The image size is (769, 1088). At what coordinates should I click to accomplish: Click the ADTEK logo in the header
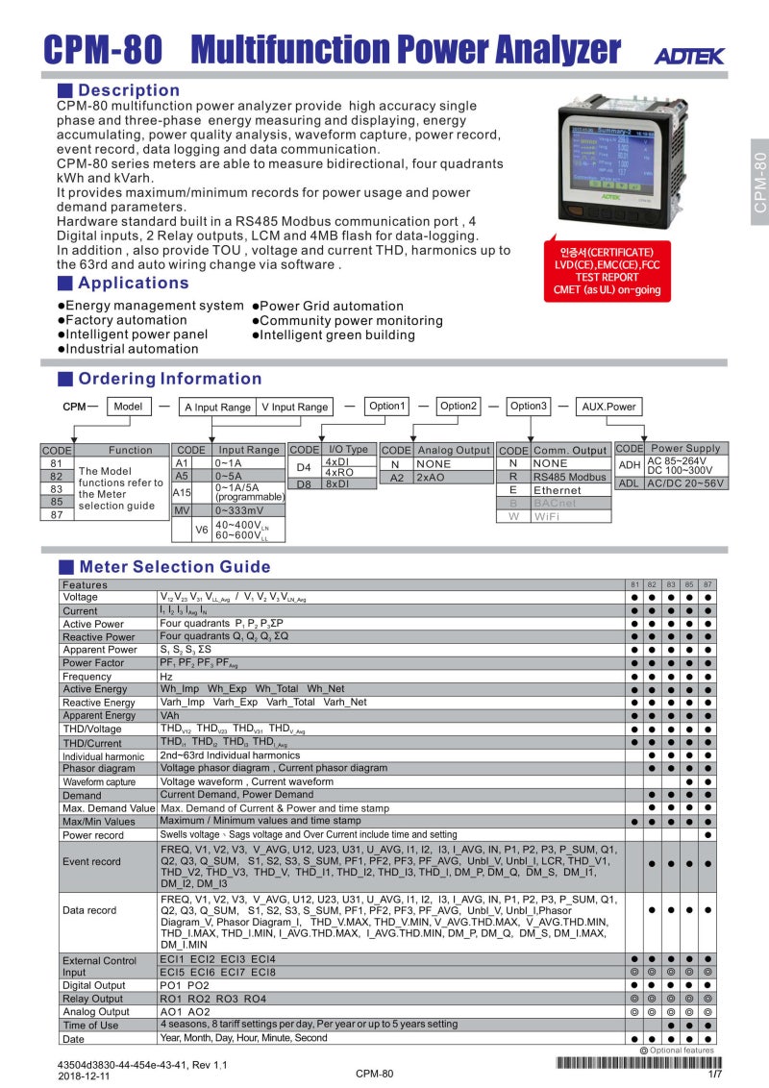coord(689,56)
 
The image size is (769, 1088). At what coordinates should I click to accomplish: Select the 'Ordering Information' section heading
coord(169,379)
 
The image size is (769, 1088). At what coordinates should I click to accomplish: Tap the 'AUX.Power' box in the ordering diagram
coord(608,407)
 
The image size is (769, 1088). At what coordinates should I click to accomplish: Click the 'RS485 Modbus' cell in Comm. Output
coord(571,477)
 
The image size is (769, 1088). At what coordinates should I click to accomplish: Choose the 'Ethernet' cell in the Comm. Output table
coord(558,490)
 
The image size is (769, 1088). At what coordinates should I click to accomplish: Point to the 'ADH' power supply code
coord(629,464)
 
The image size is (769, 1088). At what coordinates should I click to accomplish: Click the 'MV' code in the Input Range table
coord(182,510)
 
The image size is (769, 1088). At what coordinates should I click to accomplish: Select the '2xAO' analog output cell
coord(431,477)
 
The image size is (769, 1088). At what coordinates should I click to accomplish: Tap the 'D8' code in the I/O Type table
coord(304,484)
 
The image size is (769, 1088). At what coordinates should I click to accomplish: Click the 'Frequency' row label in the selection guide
coord(87,677)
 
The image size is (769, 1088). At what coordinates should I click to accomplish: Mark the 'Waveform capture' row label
coord(99,782)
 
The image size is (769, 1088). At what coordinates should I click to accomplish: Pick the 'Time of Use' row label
coord(90,1026)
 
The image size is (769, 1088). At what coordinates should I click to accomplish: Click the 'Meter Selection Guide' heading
coord(174,567)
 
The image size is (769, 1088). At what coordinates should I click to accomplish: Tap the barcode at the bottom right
coord(636,1062)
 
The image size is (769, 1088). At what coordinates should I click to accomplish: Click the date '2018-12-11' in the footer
coord(84,1076)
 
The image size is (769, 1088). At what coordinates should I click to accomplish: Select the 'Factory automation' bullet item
coord(126,320)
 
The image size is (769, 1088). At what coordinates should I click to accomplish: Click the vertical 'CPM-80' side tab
coord(759,183)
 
